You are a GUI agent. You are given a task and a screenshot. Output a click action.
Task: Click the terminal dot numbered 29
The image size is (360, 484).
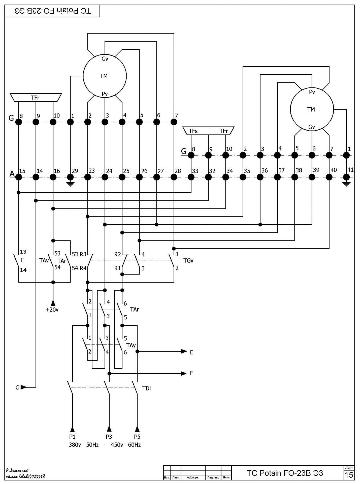[70, 177]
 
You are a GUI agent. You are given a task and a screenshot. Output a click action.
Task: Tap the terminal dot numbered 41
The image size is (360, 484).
[347, 177]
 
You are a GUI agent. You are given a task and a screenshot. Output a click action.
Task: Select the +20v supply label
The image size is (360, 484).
[52, 310]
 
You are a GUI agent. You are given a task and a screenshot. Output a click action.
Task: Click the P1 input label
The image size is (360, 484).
[72, 437]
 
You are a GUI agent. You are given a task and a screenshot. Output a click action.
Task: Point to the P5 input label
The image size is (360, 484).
[137, 437]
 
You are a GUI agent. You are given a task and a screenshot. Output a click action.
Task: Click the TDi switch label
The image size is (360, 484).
[146, 388]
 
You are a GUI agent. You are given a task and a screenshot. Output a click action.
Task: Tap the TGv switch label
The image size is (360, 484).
[188, 261]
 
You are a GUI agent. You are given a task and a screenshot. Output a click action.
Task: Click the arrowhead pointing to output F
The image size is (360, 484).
[184, 373]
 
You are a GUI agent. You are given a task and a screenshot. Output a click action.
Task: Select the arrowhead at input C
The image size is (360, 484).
[23, 387]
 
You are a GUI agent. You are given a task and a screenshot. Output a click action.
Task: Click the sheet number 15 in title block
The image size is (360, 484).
[349, 475]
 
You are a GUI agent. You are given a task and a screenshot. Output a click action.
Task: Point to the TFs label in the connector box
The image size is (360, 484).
[193, 131]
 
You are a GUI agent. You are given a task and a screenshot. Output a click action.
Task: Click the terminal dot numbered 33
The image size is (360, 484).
[191, 177]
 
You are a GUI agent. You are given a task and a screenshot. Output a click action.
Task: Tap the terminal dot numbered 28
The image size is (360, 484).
[174, 177]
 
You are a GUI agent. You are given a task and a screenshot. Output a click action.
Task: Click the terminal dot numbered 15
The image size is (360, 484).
[19, 177]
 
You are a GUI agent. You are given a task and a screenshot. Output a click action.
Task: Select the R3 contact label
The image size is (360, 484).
[83, 254]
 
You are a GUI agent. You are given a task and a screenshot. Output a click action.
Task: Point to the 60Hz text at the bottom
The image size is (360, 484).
[134, 445]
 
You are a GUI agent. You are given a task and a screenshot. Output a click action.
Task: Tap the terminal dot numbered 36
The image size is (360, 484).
[260, 177]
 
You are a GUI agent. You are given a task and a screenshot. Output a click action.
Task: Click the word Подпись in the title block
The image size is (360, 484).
[213, 477]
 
